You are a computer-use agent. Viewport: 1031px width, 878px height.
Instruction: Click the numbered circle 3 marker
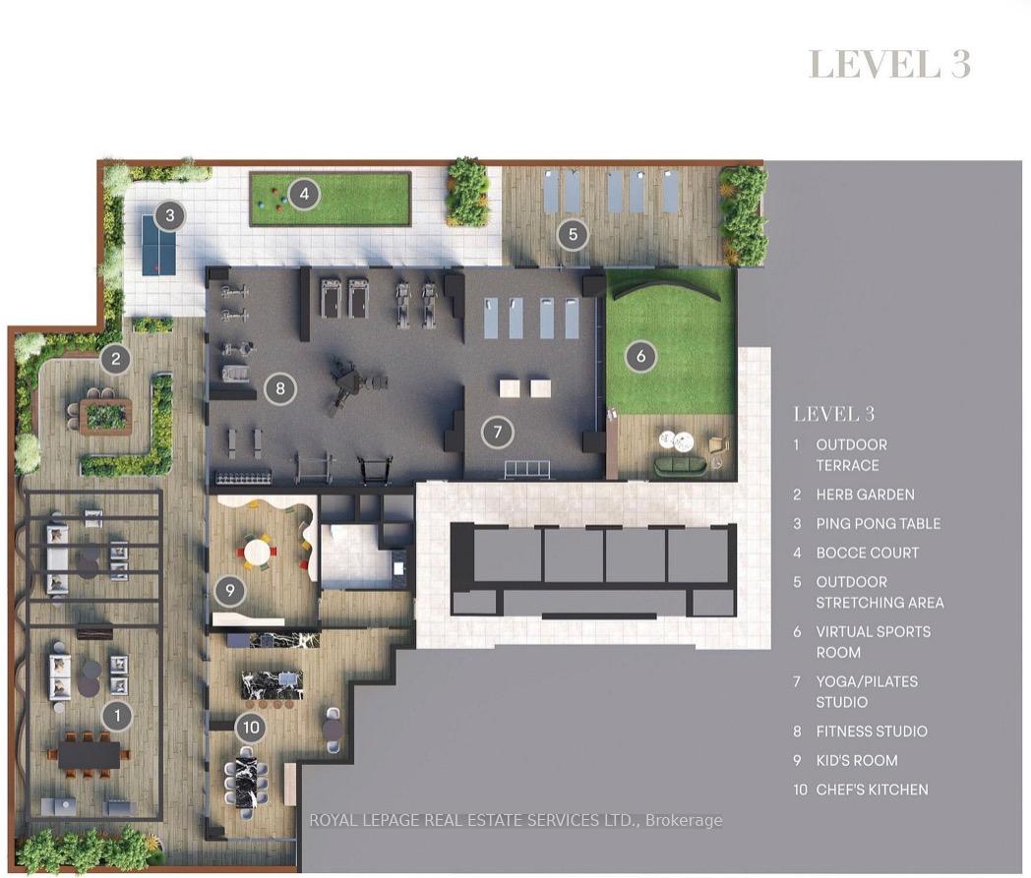(170, 215)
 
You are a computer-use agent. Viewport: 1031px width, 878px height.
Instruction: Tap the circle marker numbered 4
(304, 194)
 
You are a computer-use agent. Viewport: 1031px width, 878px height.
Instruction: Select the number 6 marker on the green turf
(640, 356)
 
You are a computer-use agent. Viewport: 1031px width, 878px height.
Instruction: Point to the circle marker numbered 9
(230, 590)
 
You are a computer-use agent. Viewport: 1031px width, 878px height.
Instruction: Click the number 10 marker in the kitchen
(251, 727)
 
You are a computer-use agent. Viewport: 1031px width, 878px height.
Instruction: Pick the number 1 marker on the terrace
(118, 715)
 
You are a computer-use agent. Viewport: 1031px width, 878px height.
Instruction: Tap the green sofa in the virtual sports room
(681, 465)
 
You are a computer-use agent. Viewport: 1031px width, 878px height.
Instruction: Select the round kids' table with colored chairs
(258, 551)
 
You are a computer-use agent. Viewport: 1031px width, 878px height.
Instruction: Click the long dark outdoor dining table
(90, 754)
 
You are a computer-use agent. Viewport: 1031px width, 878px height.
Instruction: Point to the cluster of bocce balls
(272, 196)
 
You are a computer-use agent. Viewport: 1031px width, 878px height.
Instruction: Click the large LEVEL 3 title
(889, 64)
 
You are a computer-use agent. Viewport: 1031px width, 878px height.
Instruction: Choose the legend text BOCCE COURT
(868, 553)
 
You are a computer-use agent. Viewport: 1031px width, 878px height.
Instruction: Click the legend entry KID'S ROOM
(857, 760)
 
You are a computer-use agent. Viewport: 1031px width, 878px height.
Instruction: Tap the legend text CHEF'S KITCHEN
(872, 790)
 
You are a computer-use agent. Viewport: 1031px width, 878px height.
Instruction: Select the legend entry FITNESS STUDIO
(872, 731)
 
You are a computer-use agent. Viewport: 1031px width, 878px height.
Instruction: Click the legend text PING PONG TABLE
(878, 524)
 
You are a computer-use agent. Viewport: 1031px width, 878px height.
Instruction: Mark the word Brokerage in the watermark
(684, 820)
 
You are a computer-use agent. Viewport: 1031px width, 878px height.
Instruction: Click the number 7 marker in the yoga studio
(497, 432)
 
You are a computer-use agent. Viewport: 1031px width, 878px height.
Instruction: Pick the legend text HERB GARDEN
(866, 495)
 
